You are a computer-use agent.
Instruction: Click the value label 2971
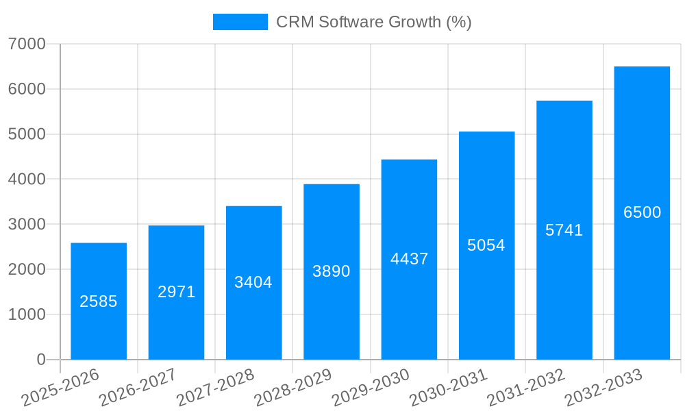coord(177,292)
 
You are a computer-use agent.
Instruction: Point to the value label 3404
coord(253,282)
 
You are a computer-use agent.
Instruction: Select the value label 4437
coord(409,259)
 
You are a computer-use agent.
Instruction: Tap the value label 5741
coord(564,230)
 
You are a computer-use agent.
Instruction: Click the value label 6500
coord(642,212)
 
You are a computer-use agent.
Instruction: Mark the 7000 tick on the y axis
coord(27,44)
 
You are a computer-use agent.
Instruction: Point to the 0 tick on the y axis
coord(40,360)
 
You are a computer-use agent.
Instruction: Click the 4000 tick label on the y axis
coord(27,179)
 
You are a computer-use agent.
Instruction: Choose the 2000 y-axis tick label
coord(27,269)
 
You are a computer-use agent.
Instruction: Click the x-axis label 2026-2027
coord(138,388)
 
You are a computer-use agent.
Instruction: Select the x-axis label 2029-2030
coord(371,388)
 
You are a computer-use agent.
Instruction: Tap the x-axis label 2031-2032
coord(525,388)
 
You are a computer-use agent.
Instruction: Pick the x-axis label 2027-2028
coord(215,388)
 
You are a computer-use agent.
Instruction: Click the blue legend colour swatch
coord(240,22)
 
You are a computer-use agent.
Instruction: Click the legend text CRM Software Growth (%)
coord(373,22)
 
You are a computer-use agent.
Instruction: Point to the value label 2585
coord(99,301)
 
